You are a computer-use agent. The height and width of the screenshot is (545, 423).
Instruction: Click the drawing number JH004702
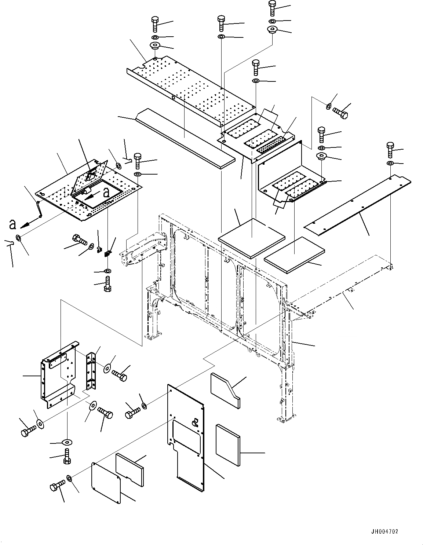click(x=384, y=531)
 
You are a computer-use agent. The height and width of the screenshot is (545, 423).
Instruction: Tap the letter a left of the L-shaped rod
click(x=12, y=223)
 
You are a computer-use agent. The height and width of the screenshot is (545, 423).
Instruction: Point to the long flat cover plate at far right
click(x=358, y=205)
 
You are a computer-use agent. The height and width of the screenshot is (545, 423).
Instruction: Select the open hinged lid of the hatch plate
click(x=90, y=175)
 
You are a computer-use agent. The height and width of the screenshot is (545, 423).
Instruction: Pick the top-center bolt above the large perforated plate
click(x=221, y=23)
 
